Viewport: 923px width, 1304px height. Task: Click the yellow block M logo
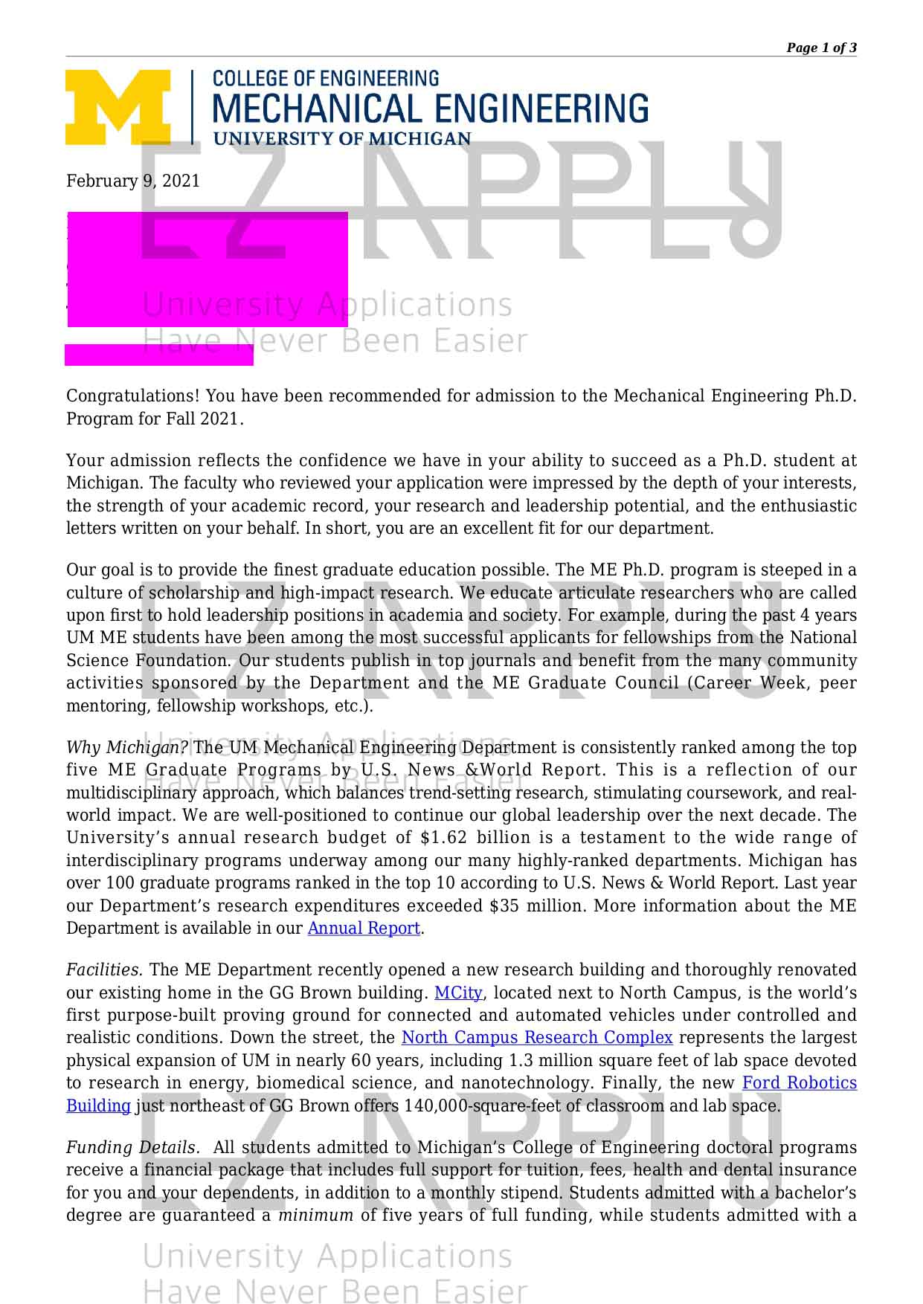tap(118, 107)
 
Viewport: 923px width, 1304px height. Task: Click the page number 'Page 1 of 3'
tap(821, 48)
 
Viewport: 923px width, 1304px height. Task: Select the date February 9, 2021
tap(133, 181)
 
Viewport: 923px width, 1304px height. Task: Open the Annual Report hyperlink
tap(364, 929)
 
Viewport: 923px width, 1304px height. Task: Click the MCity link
tap(458, 993)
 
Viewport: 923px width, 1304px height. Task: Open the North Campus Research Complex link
tap(537, 1038)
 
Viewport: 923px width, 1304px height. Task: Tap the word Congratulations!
tap(134, 396)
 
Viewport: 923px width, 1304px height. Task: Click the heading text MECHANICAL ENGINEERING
tap(431, 109)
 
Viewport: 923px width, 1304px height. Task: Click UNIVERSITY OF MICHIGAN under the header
tap(342, 139)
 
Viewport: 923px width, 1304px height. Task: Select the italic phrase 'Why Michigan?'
tap(127, 748)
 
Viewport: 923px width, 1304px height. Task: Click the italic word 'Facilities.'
tap(104, 970)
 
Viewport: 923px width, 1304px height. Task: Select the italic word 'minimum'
tap(315, 1216)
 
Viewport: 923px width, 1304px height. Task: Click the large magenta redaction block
tap(208, 269)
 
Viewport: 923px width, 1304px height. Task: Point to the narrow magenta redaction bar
tap(159, 355)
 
